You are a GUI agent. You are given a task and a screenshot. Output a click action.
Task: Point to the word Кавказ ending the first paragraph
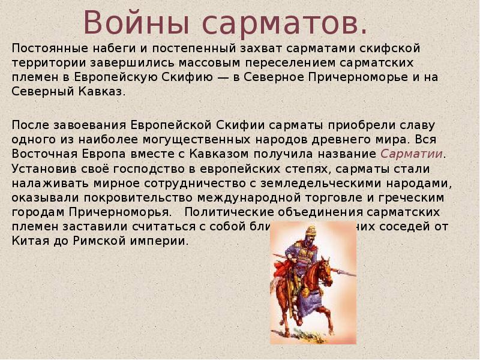click(107, 92)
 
